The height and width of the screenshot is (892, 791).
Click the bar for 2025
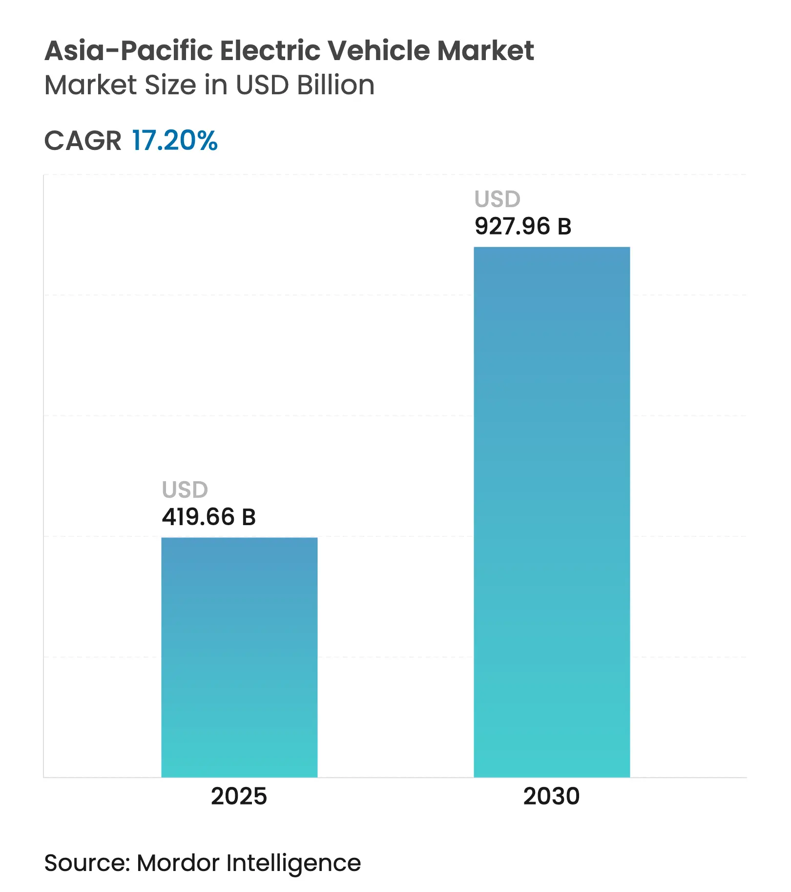point(239,657)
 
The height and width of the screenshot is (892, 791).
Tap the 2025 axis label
point(239,796)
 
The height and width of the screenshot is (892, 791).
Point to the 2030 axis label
point(551,796)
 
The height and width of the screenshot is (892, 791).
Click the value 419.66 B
point(208,517)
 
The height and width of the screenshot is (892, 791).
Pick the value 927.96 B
point(522,226)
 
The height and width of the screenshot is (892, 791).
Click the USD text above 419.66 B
point(185,489)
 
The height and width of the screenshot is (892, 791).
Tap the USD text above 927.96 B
point(498,199)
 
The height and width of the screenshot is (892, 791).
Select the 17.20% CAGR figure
point(175,141)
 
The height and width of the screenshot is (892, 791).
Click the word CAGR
point(83,141)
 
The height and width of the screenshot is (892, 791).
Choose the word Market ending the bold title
point(485,51)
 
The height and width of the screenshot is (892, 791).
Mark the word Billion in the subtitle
point(336,85)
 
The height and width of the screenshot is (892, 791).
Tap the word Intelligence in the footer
point(293,863)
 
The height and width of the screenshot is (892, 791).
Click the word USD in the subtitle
point(262,85)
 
